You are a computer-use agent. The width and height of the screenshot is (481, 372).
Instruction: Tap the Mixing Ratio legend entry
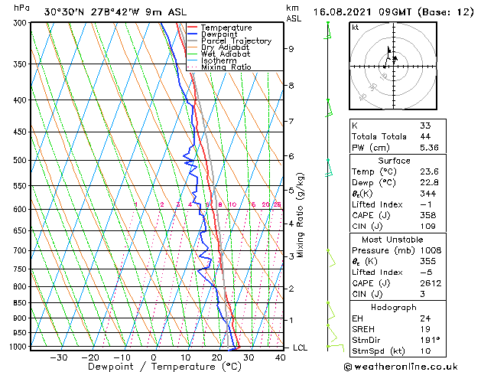tap(226, 67)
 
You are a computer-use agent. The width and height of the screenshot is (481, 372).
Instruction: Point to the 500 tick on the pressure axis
tap(20, 160)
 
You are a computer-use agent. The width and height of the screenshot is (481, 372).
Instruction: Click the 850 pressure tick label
tap(20, 303)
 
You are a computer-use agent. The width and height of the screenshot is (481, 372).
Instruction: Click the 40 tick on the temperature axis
tap(279, 357)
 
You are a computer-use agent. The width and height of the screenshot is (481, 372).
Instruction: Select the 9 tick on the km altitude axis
tap(291, 49)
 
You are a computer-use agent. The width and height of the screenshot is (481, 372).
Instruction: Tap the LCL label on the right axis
tap(301, 348)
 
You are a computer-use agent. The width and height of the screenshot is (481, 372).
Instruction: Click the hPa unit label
tap(22, 8)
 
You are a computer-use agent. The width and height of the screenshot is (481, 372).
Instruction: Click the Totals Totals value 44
tap(424, 136)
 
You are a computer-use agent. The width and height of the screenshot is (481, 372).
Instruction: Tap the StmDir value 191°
tap(429, 340)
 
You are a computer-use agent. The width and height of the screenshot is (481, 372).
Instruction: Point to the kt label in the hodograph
tap(356, 28)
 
